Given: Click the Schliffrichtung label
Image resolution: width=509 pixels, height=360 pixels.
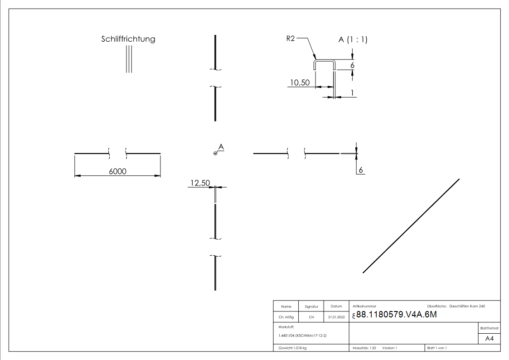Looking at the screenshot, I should pos(128,39).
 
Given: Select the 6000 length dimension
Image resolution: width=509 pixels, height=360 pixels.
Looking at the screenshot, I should pos(117,171).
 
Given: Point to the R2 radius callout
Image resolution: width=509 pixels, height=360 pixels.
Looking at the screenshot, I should pos(291,39).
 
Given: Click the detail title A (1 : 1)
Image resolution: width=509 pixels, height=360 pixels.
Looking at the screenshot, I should pos(353,40).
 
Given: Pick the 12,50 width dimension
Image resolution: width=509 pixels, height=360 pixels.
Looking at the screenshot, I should pos(200,183).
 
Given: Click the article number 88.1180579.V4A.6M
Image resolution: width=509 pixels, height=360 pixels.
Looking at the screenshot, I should pos(397,315).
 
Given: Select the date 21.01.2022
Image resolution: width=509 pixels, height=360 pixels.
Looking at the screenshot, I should pos(336,317).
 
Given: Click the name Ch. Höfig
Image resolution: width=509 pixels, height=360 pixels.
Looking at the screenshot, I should pos(286,317).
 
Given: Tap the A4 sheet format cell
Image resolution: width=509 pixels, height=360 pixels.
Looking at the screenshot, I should pos(490,339).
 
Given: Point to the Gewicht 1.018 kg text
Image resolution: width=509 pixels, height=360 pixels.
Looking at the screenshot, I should pos(293,348).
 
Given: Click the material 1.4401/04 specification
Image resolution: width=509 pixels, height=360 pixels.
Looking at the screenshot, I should pos(302,336).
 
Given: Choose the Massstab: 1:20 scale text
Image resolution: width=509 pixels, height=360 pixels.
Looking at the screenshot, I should pos(364,348).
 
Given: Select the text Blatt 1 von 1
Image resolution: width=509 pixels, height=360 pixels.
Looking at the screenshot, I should pos(437,348).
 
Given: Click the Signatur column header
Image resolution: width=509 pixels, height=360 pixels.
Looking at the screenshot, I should pos(311,306).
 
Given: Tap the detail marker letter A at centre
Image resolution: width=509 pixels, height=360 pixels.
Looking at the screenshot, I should pos(221,146).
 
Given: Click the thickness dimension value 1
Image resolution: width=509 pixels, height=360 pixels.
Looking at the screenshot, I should pos(352,92).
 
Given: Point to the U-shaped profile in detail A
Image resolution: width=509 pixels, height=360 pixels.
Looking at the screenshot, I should pos(325,61).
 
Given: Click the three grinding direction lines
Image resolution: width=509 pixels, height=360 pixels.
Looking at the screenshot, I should pos(129,59).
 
